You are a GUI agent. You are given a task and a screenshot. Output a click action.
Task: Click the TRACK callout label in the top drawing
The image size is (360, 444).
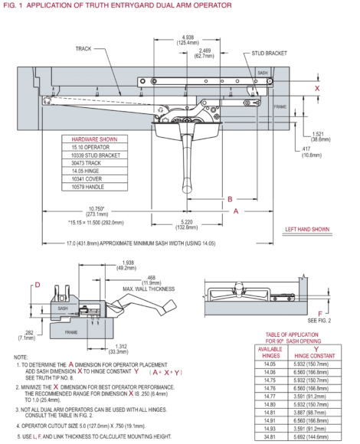[84, 47]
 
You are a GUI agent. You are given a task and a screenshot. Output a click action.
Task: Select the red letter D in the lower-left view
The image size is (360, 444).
[36, 286]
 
